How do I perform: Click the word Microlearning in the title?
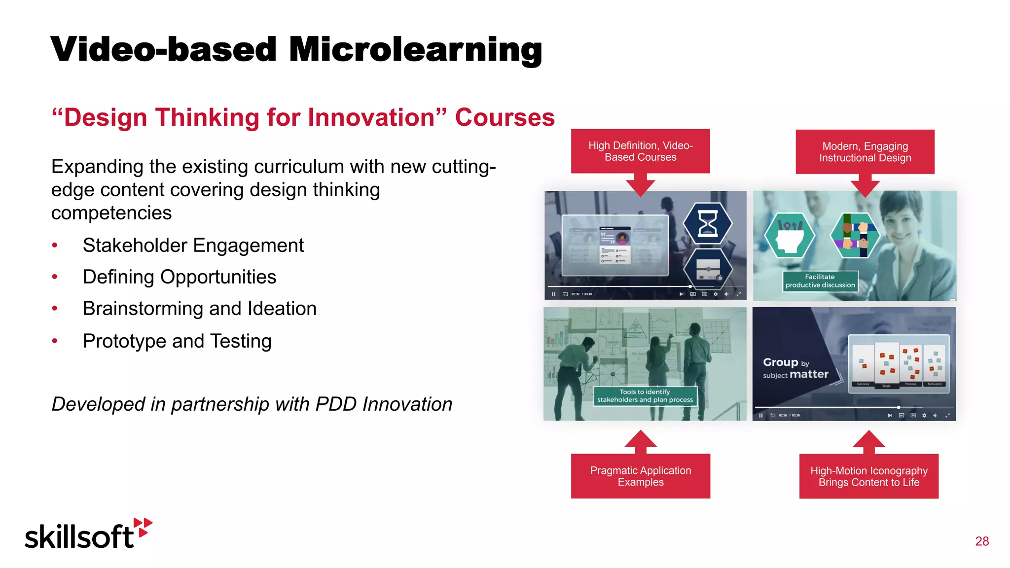415,50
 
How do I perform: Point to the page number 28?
981,541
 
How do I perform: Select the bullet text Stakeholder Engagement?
193,245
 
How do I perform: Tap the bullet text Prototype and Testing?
177,341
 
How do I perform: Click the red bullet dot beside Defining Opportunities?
55,277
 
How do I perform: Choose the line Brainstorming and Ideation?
199,309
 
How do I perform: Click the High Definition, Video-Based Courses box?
640,151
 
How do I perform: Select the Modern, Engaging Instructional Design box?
865,152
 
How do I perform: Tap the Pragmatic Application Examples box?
640,476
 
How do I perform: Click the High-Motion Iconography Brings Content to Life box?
868,476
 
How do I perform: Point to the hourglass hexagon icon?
708,223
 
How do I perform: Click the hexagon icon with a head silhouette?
789,235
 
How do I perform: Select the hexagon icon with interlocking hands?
855,235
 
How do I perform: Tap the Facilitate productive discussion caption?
820,281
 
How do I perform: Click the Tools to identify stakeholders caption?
645,396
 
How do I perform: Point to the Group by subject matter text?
795,368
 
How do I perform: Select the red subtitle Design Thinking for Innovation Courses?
303,118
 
